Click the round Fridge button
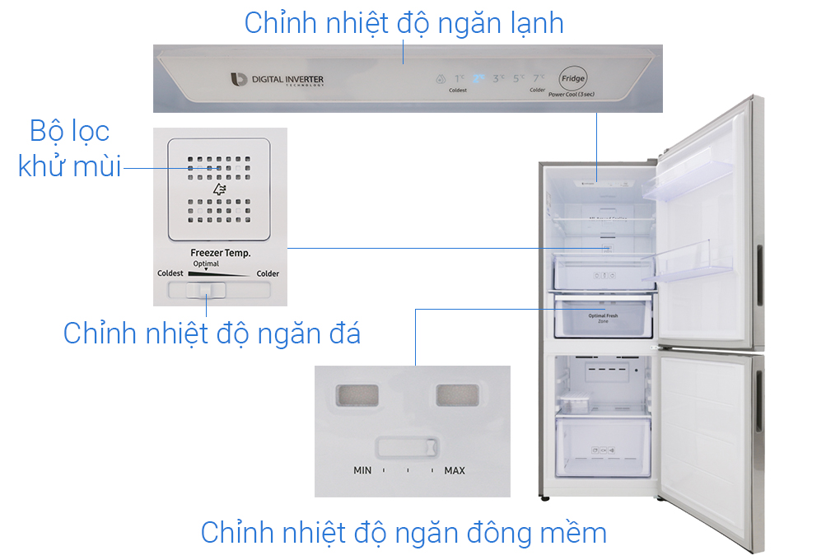573,79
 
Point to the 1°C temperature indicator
460,79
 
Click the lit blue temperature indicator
478,79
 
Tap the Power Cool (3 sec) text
571,95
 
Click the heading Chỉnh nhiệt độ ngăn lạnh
404,23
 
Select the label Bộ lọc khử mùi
69,149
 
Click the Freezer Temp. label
220,254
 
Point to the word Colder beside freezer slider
267,274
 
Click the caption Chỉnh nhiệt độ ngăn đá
212,334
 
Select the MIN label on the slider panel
362,471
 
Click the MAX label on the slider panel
455,471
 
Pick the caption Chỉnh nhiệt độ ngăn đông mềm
404,533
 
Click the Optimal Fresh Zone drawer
603,318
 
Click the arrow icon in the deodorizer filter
219,189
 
